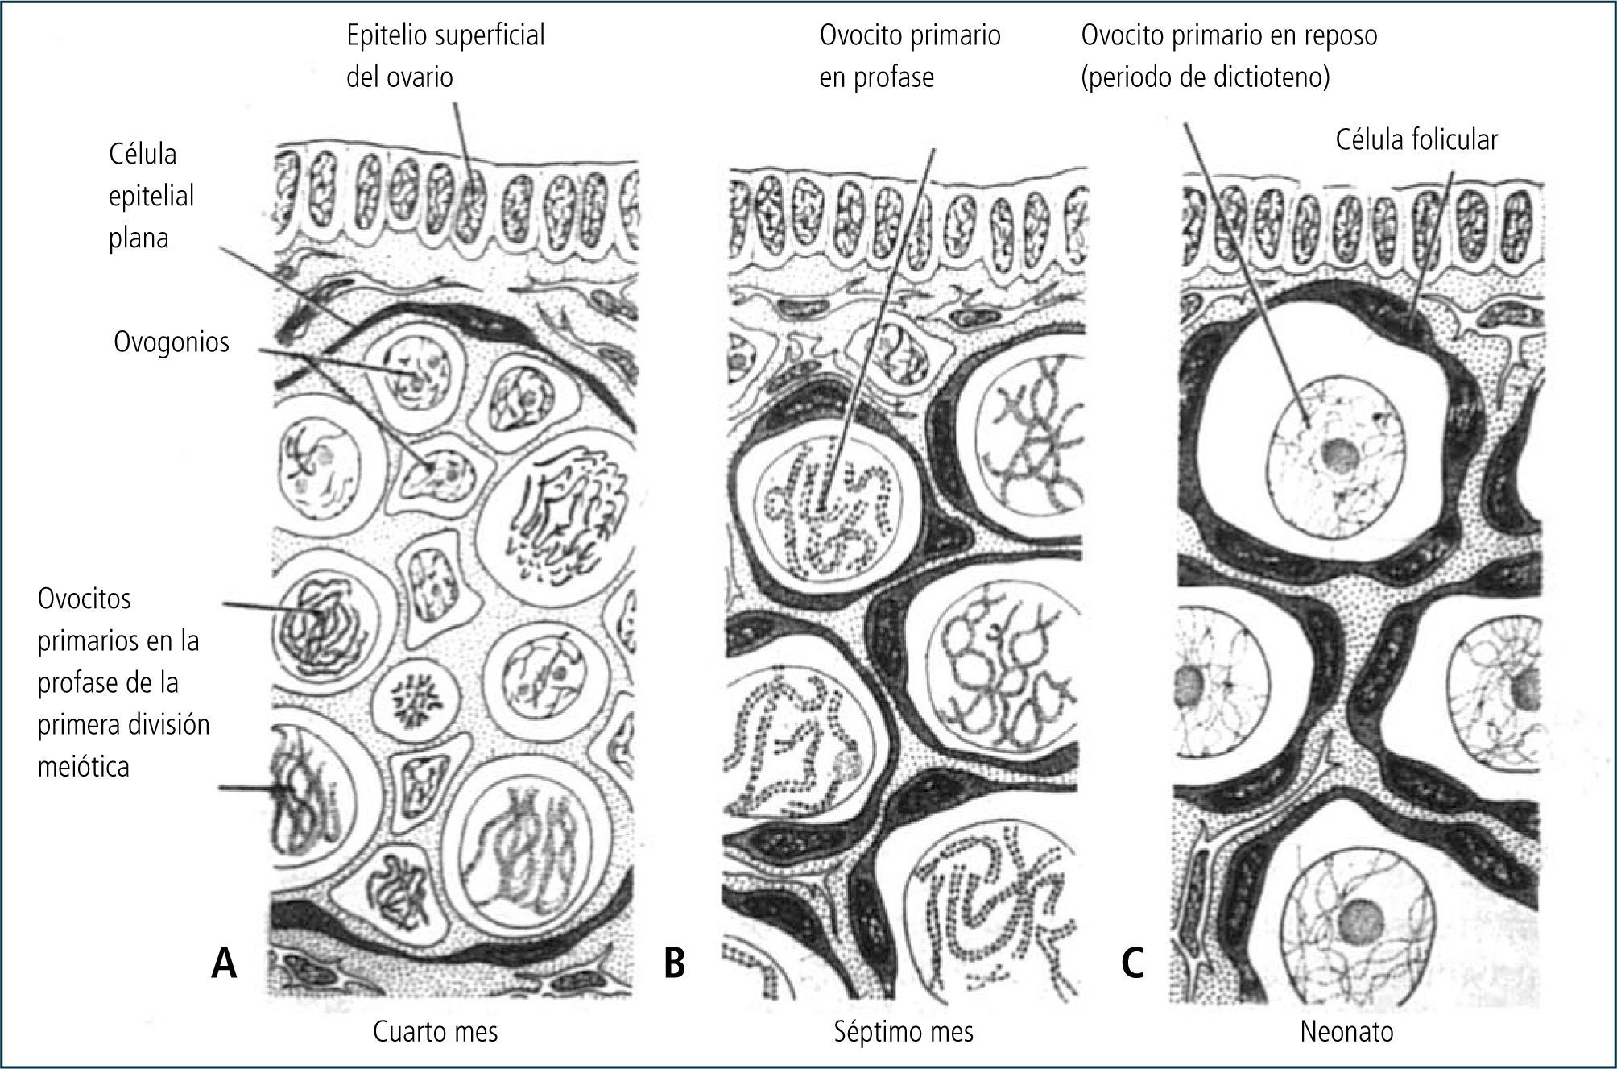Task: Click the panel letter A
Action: point(224,963)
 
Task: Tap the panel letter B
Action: point(674,963)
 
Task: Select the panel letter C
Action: point(1132,963)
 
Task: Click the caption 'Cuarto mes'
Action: point(435,1032)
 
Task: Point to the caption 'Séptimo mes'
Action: point(904,1032)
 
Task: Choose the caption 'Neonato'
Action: point(1346,1032)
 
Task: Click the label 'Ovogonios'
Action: point(172,342)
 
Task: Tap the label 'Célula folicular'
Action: point(1416,140)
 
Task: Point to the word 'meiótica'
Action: point(84,766)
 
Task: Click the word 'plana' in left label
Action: point(139,238)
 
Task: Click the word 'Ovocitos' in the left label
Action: point(85,599)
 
